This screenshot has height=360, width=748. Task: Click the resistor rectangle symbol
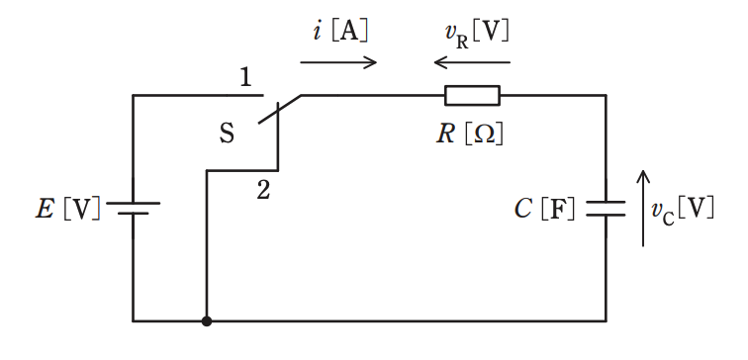pyautogui.click(x=472, y=95)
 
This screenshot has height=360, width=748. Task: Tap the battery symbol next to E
pyautogui.click(x=134, y=208)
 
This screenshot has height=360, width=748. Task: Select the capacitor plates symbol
pyautogui.click(x=606, y=209)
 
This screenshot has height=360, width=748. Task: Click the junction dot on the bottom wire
pyautogui.click(x=207, y=321)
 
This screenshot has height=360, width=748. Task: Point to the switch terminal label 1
pyautogui.click(x=245, y=77)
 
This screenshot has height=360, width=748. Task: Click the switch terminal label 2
pyautogui.click(x=263, y=190)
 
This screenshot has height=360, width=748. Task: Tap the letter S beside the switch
pyautogui.click(x=228, y=134)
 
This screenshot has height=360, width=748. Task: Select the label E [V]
pyautogui.click(x=68, y=210)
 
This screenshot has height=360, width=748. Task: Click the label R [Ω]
pyautogui.click(x=470, y=135)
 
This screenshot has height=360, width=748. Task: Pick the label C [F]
pyautogui.click(x=545, y=210)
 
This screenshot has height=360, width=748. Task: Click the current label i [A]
pyautogui.click(x=340, y=32)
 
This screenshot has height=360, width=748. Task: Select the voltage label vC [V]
pyautogui.click(x=683, y=210)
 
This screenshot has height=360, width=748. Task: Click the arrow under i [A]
pyautogui.click(x=338, y=62)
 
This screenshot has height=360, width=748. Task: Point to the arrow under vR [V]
pyautogui.click(x=472, y=62)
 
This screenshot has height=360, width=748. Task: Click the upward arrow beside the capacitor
pyautogui.click(x=643, y=209)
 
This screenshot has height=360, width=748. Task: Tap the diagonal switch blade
pyautogui.click(x=280, y=109)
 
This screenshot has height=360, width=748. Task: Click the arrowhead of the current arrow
pyautogui.click(x=371, y=62)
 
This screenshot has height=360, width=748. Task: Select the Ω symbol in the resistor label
pyautogui.click(x=487, y=135)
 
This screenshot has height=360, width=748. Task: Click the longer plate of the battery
pyautogui.click(x=134, y=203)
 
